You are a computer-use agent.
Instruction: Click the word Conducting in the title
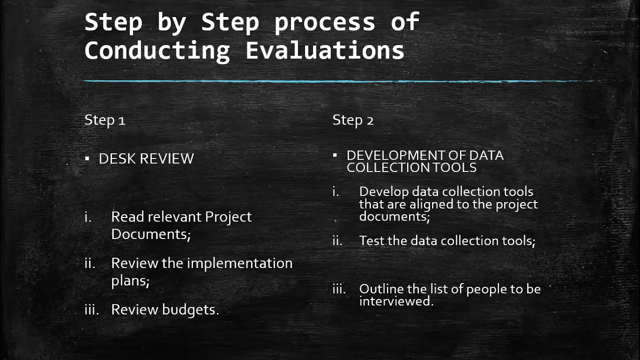point(157,51)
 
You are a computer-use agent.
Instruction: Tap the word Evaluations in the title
point(324,51)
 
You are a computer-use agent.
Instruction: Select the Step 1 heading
point(104,120)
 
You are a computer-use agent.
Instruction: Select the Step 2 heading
point(353,120)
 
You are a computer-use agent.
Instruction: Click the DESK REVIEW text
point(146,159)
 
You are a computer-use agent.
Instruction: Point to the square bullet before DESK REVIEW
point(87,159)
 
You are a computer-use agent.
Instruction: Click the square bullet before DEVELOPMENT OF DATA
point(335,155)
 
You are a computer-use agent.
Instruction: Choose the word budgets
point(190,309)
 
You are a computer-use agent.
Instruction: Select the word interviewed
point(395,301)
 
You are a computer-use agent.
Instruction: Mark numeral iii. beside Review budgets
point(91,309)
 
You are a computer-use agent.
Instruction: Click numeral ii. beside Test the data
point(337,240)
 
